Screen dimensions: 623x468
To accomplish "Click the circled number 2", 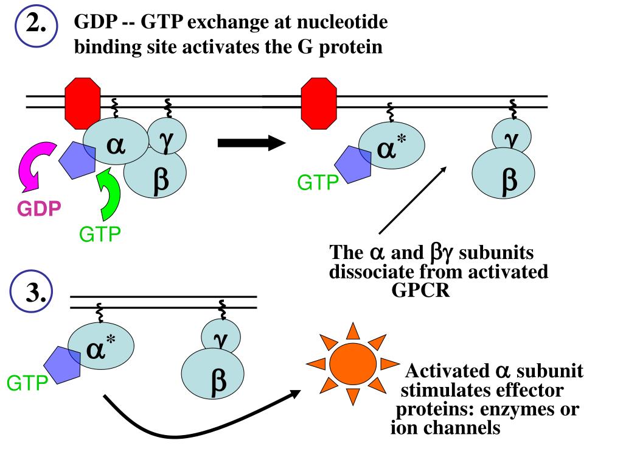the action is (36, 26).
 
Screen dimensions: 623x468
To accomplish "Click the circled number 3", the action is (32, 292).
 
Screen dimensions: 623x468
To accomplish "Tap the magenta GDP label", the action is (39, 208).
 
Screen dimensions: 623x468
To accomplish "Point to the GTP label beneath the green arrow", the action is (100, 235).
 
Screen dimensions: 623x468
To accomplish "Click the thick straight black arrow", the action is (251, 143).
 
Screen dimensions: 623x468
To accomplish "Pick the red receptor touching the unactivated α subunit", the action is (83, 104).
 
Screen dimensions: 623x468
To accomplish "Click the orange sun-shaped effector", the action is (353, 363).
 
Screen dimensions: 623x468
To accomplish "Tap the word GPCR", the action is (420, 290).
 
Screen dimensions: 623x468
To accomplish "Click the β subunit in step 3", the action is (212, 374).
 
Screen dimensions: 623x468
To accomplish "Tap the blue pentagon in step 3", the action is (63, 365).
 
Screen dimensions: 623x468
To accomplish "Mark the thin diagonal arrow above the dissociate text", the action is (413, 200).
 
